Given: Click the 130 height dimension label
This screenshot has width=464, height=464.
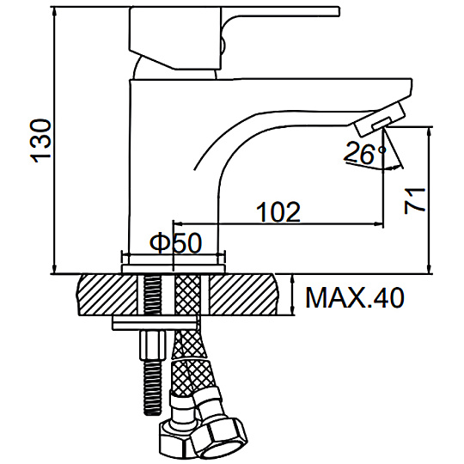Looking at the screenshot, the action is tap(41, 141).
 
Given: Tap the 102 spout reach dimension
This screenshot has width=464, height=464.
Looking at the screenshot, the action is tap(278, 212).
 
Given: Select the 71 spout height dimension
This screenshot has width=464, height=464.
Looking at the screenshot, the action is tap(414, 200).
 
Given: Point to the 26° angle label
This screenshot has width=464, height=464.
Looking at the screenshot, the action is tap(365, 153).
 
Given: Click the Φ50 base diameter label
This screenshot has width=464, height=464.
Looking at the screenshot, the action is tap(175, 242).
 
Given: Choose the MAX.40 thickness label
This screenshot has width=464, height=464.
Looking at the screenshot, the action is tap(355, 297).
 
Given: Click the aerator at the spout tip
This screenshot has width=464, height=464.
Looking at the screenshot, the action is tap(380, 119).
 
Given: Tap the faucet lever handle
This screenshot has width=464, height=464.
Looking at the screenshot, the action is tap(234, 38).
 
